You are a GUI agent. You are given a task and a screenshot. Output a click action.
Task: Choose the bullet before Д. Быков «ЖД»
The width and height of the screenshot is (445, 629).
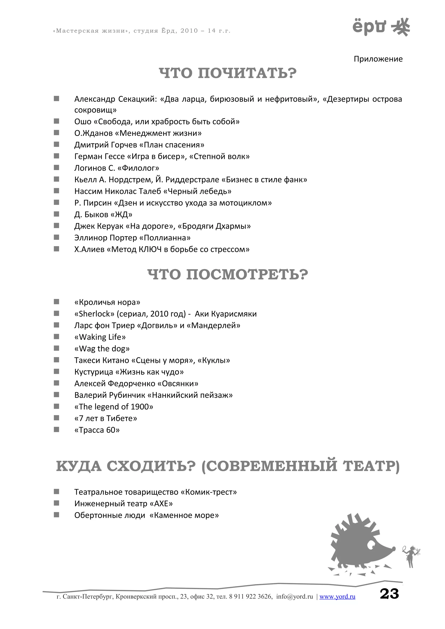pyautogui.click(x=56, y=214)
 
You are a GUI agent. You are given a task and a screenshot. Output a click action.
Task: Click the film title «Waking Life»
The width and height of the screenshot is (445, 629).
pyautogui.click(x=100, y=337)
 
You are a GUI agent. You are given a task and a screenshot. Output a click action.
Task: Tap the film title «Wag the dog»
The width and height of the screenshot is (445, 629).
pyautogui.click(x=102, y=349)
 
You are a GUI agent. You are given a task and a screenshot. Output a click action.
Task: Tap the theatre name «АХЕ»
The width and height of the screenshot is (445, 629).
pyautogui.click(x=161, y=504)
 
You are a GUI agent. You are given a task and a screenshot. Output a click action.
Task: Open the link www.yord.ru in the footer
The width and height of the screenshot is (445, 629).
pyautogui.click(x=337, y=597)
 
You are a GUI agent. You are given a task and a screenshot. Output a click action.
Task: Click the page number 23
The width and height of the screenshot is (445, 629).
pyautogui.click(x=389, y=594)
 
